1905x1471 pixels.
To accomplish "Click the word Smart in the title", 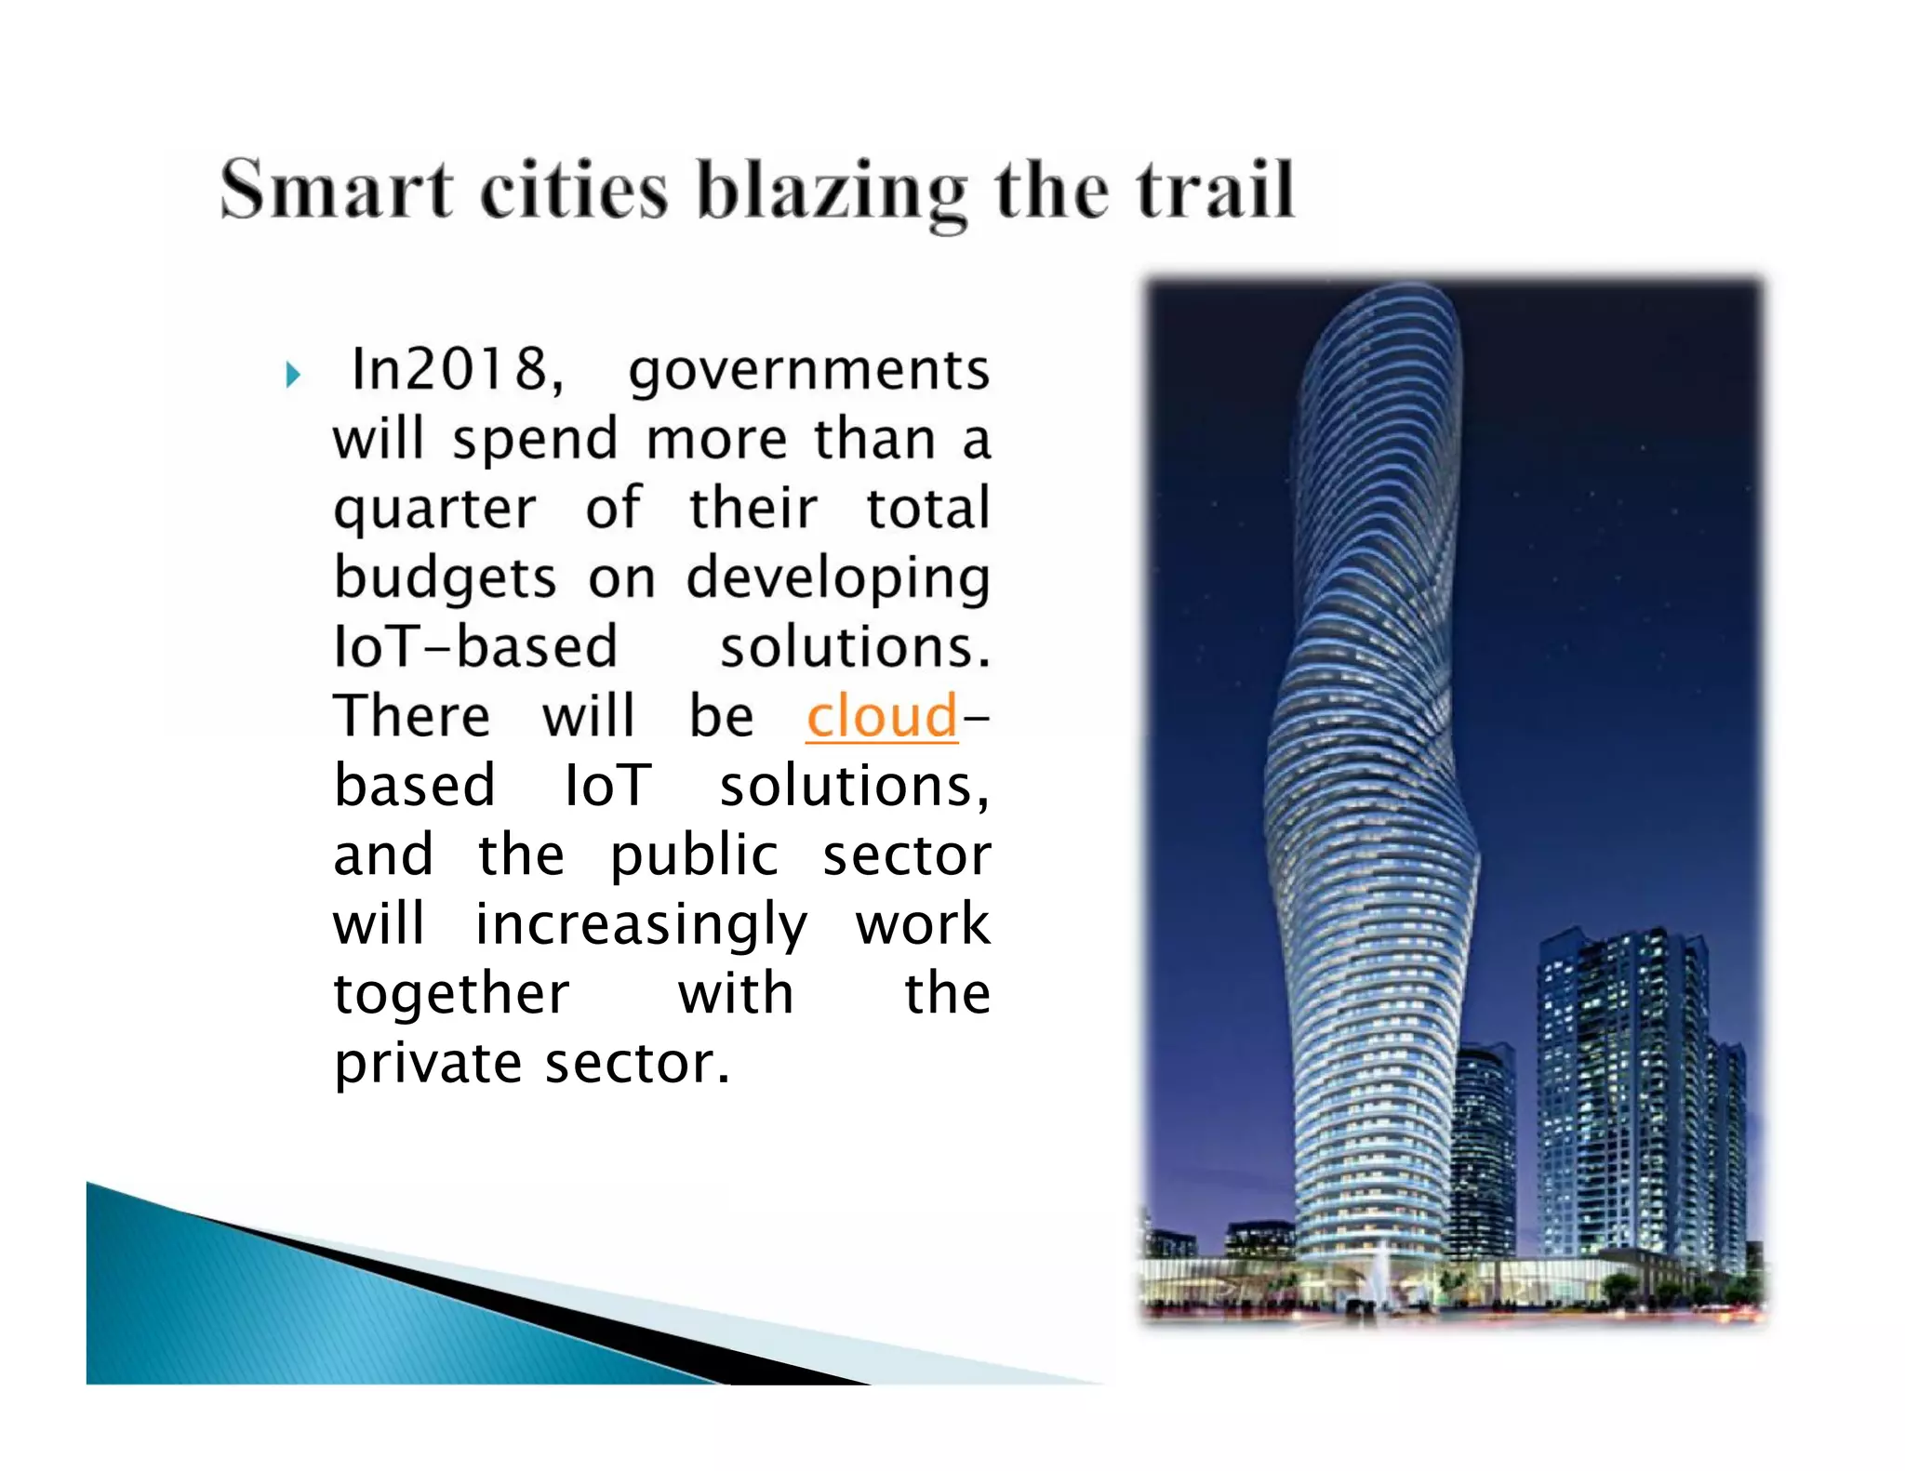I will [x=336, y=190].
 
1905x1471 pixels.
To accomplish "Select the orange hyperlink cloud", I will [x=881, y=716].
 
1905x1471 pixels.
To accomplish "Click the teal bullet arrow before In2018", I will [x=294, y=375].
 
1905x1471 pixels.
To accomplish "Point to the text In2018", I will [x=457, y=369].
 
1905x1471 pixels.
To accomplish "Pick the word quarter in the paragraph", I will [x=434, y=510].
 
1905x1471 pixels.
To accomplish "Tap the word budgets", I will [x=445, y=578].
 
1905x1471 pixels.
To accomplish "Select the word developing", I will [x=837, y=578].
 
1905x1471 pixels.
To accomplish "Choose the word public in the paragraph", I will [x=693, y=855].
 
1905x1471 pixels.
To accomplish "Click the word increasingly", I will [x=641, y=925].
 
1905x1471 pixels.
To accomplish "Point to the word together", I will [x=451, y=994].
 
